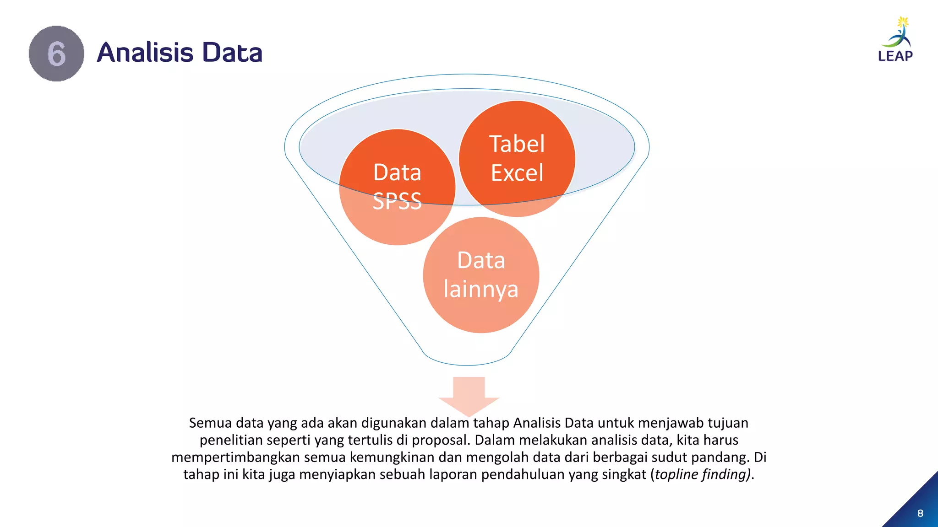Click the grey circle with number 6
[56, 54]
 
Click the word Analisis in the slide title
[145, 52]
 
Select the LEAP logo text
[895, 56]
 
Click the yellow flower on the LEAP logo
[903, 22]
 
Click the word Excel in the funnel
[517, 173]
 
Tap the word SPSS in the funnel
[397, 201]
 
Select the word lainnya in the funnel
[481, 289]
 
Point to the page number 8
[920, 513]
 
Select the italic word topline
[676, 474]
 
